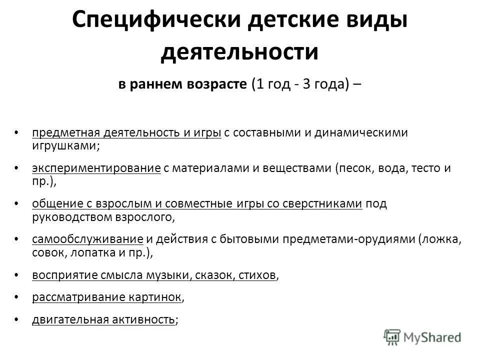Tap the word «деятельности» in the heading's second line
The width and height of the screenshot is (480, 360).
pos(239,52)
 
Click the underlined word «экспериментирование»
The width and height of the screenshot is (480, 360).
pos(96,168)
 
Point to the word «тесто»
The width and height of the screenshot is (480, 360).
pos(424,168)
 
